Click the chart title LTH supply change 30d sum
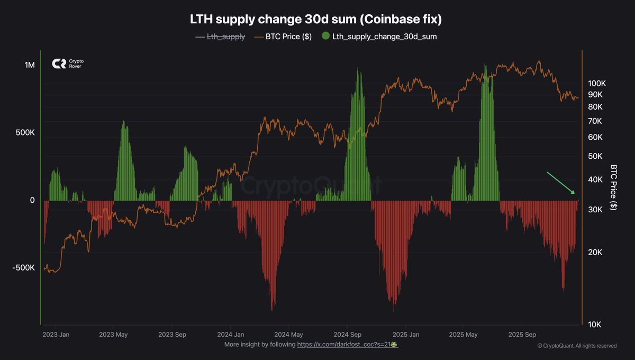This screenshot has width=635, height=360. (315, 20)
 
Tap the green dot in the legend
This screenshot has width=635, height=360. (325, 37)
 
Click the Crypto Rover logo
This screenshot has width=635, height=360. (68, 64)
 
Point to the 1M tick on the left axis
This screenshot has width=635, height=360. (29, 65)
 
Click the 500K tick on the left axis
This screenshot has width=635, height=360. (25, 133)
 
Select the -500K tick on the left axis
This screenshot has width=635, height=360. (23, 268)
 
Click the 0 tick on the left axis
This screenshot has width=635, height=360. (32, 200)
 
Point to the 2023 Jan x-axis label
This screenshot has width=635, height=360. (56, 335)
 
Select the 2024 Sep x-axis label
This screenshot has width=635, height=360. (348, 335)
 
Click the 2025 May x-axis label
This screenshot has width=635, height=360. (463, 335)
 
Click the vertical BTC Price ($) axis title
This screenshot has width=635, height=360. (614, 187)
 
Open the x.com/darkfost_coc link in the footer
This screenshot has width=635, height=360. (347, 344)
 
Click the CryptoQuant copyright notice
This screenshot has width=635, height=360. (577, 346)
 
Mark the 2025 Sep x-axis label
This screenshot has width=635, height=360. (522, 335)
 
